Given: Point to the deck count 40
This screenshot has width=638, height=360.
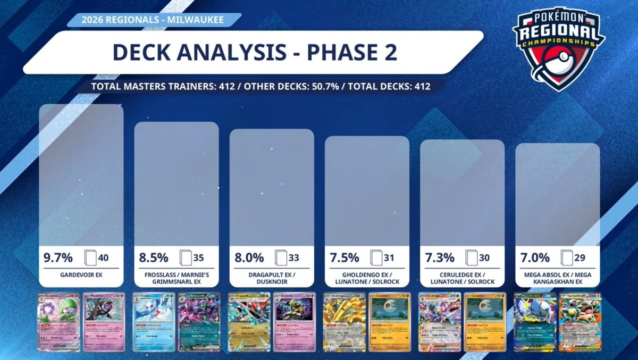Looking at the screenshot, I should (x=103, y=258).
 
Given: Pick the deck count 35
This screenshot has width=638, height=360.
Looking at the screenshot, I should (x=198, y=258).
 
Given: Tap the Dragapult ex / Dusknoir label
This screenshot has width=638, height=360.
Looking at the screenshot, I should (x=272, y=278).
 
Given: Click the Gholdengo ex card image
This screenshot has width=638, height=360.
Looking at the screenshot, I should (x=345, y=322).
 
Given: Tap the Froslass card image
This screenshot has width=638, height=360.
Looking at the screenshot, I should (x=155, y=322).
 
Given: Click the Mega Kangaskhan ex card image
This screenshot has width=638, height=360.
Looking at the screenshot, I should (x=579, y=322).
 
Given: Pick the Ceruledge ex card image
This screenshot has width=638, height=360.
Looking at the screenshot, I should (x=440, y=322).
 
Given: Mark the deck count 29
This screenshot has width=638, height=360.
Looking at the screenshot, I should (x=580, y=258).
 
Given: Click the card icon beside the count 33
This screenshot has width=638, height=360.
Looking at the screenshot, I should (x=281, y=258).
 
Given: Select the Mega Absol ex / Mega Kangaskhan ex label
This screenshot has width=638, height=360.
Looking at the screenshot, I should (x=557, y=278).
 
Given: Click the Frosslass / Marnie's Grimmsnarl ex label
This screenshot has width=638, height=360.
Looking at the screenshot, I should (x=177, y=278).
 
